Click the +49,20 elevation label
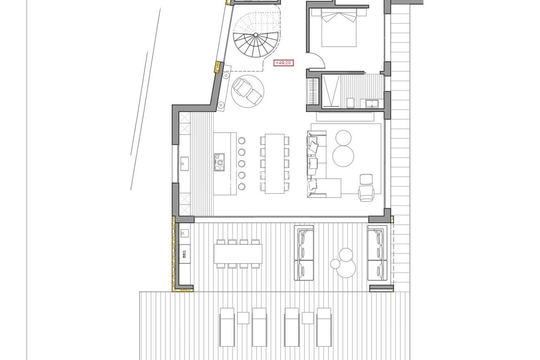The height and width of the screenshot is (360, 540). (x=283, y=63)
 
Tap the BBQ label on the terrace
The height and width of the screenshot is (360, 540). (x=184, y=255)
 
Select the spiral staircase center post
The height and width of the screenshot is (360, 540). (x=255, y=35)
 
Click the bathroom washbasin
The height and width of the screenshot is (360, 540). (x=370, y=103)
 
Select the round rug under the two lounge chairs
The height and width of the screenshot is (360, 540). (x=248, y=90)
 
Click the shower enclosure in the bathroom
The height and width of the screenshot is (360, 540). (x=331, y=92)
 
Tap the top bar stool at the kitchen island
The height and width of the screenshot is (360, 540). (x=242, y=140)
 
